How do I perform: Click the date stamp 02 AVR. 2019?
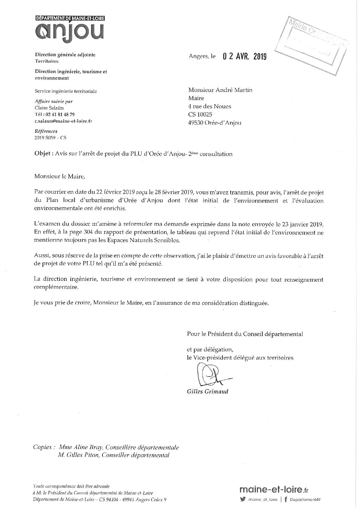pyautogui.click(x=244, y=56)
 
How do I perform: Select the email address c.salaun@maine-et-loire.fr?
pyautogui.click(x=63, y=121)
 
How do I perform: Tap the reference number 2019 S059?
pyautogui.click(x=45, y=138)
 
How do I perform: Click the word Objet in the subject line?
pyautogui.click(x=43, y=154)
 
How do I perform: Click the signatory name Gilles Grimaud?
pyautogui.click(x=208, y=392)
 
